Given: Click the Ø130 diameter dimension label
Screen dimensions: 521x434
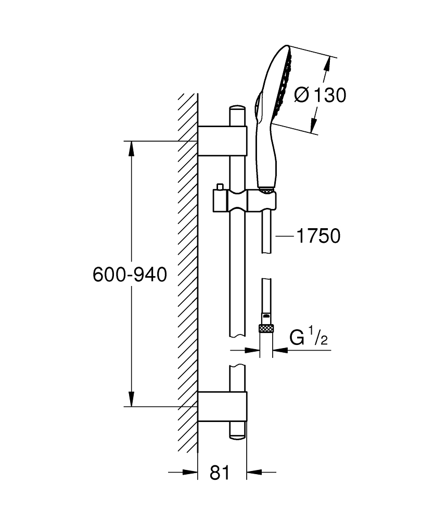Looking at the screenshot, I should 320,95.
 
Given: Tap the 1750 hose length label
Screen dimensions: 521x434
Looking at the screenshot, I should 317,236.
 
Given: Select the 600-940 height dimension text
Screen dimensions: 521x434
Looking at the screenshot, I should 130,275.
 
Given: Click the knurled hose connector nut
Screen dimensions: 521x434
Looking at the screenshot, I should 266,329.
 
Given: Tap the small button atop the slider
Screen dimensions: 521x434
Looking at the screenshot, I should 220,187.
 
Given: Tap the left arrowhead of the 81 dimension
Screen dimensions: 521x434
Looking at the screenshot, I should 191,473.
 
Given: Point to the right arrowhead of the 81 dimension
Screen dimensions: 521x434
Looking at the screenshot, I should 253,473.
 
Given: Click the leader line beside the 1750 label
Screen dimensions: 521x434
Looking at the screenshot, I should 285,236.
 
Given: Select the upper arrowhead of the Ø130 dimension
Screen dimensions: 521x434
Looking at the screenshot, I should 328,63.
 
